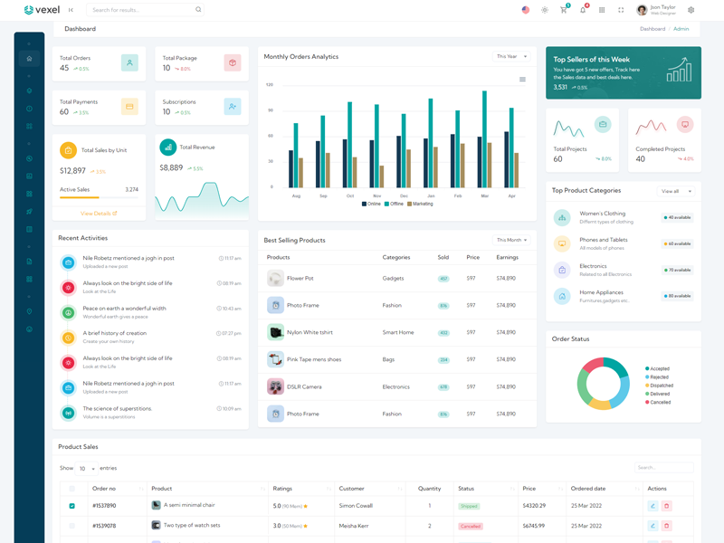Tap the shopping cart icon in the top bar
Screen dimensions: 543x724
[564, 10]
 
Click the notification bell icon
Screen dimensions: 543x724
[583, 10]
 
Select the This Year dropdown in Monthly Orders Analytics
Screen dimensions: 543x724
[511, 56]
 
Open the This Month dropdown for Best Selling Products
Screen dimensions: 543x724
[511, 240]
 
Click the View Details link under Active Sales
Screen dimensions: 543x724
[99, 214]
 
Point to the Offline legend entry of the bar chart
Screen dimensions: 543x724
[394, 204]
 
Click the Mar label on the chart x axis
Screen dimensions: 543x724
[485, 195]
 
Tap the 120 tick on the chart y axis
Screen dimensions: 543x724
[270, 85]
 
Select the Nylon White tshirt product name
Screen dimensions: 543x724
[310, 332]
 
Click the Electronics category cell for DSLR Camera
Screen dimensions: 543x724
[396, 386]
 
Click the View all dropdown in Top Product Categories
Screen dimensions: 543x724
[675, 191]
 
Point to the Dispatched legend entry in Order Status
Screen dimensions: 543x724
[660, 386]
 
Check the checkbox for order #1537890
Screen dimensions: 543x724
[72, 506]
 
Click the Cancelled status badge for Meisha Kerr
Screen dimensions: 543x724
[471, 526]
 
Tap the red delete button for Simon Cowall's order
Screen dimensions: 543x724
[667, 506]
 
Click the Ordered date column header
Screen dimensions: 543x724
[588, 489]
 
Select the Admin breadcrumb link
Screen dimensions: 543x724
[681, 29]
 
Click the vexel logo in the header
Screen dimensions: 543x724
[42, 10]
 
